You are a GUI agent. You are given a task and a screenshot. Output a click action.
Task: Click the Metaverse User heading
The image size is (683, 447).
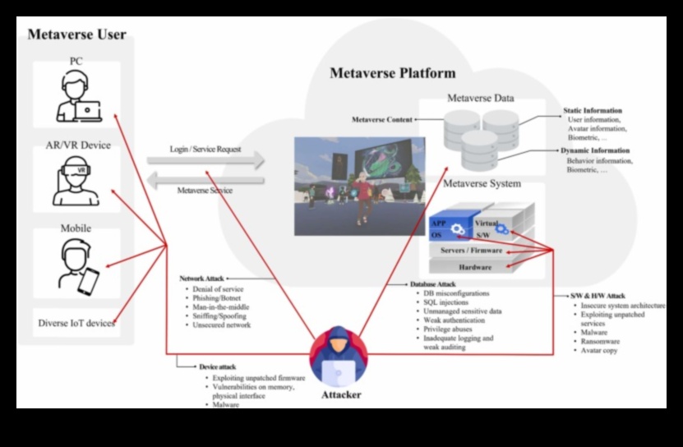76,35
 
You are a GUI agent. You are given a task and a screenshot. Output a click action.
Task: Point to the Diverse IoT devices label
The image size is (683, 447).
76,323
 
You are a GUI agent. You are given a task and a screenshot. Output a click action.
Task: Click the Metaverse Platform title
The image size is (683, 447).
392,73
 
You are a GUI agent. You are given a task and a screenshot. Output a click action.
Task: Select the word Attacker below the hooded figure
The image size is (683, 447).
340,395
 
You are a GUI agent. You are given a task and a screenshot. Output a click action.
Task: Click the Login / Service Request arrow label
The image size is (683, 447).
205,150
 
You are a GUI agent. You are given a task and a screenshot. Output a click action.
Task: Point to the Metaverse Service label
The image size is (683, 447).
205,191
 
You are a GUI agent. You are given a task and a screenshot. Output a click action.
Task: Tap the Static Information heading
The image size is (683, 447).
592,110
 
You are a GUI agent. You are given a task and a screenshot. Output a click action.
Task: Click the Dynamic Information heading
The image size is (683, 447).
595,151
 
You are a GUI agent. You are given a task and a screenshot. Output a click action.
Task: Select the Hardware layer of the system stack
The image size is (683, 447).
474,267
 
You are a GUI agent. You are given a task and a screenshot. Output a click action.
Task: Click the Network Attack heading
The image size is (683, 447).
202,279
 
